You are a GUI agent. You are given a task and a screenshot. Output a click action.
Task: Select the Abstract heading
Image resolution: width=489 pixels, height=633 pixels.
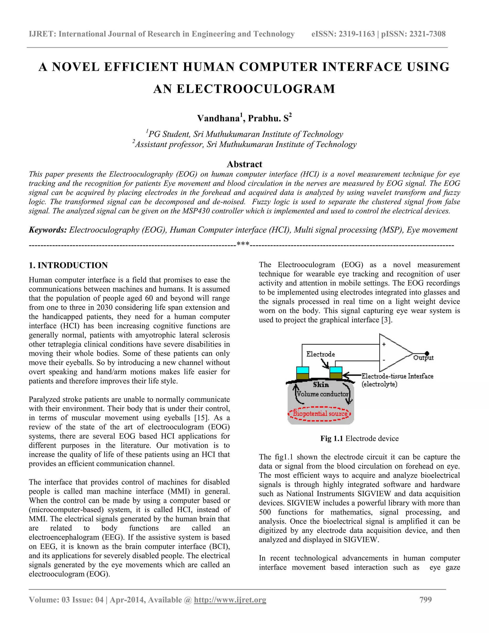[244, 164]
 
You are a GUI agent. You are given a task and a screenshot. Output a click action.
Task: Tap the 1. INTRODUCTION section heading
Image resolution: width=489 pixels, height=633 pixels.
[68, 265]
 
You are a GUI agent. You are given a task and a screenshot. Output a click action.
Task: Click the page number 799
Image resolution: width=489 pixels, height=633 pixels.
[425, 600]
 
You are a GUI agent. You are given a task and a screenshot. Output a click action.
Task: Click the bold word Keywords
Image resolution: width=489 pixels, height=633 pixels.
[48, 230]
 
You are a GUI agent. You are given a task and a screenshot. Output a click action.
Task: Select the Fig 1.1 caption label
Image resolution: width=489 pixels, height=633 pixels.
[331, 438]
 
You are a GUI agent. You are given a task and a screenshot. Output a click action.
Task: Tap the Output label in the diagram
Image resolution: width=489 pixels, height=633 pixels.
[423, 358]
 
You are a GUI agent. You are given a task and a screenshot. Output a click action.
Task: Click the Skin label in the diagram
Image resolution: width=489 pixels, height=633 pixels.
[321, 385]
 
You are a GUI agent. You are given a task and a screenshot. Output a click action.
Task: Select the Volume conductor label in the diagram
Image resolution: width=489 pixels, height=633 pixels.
[322, 394]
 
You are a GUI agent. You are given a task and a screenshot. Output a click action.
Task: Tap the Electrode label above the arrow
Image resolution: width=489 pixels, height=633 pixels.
[320, 354]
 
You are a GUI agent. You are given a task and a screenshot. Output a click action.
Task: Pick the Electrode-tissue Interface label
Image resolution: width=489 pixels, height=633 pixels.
[398, 376]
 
